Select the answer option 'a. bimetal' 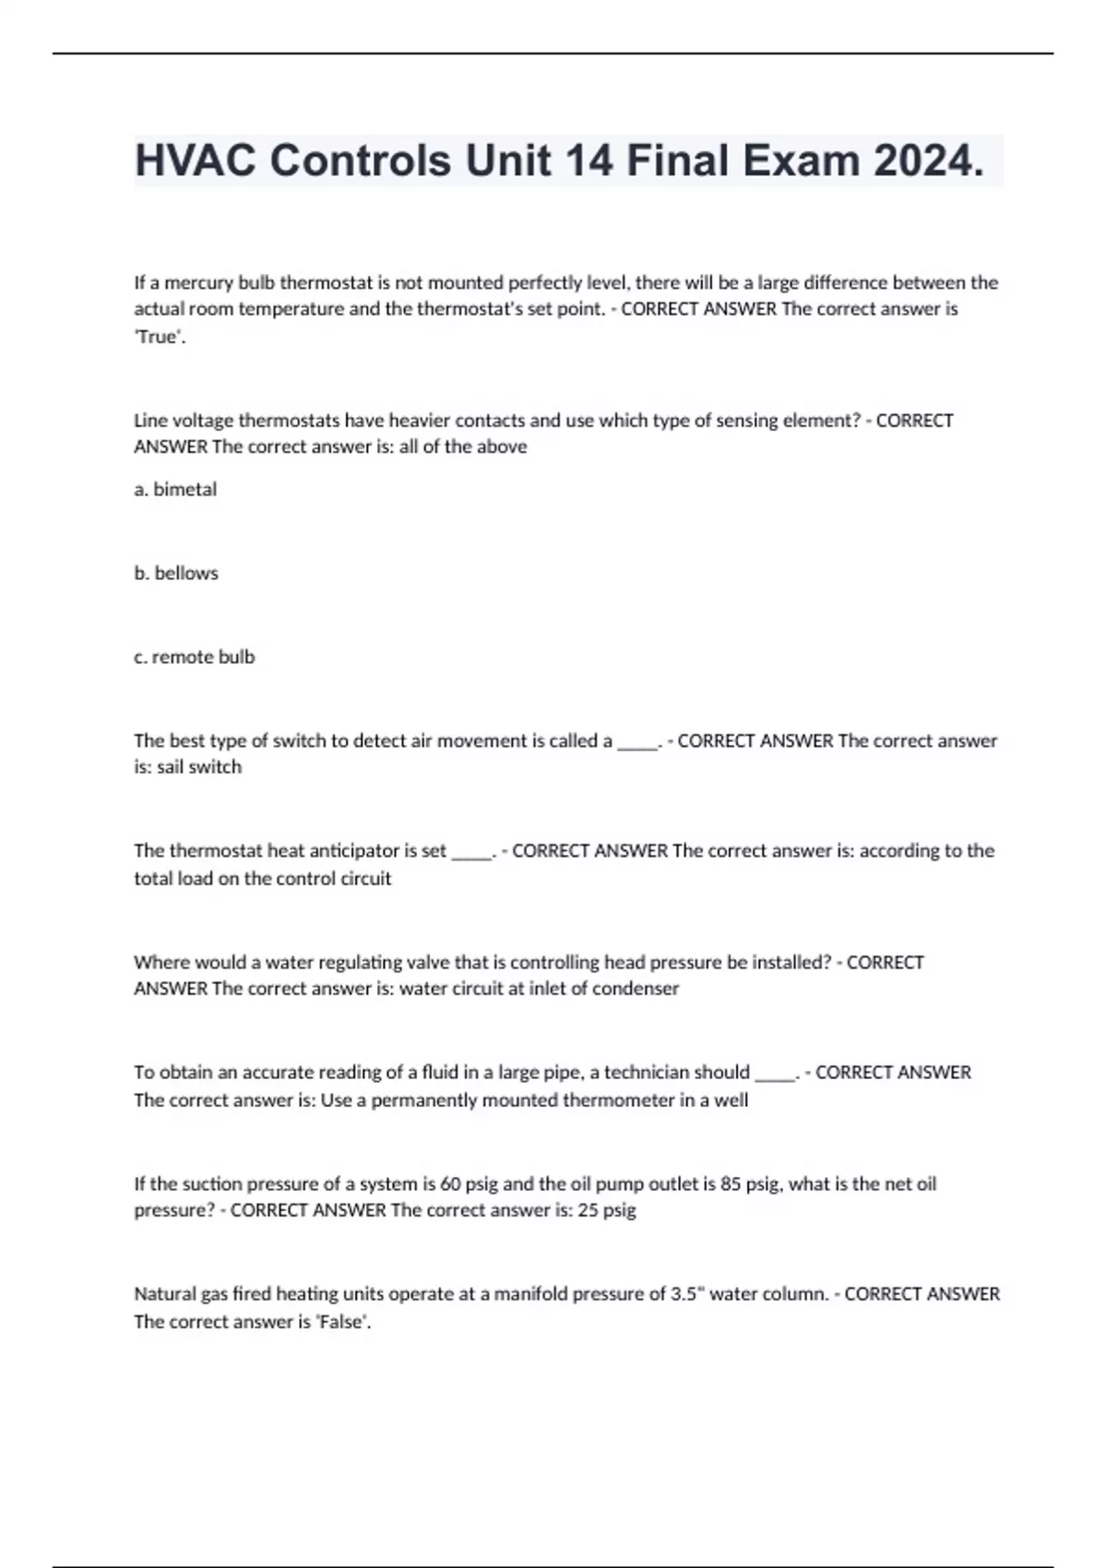[x=175, y=490]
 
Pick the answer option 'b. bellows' [x=176, y=573]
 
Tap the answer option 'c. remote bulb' [x=194, y=657]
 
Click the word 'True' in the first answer [x=158, y=337]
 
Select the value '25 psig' [x=607, y=1210]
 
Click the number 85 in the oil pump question [x=731, y=1183]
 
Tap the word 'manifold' [x=530, y=1294]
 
